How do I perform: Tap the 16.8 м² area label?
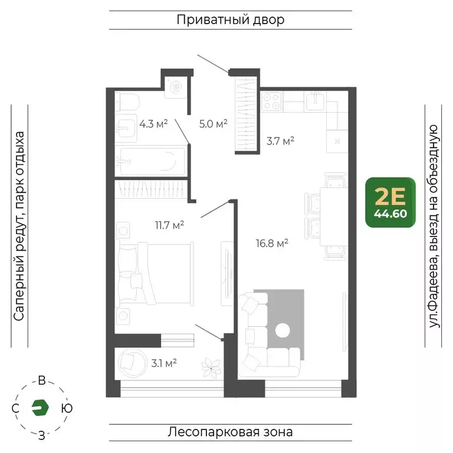(272, 242)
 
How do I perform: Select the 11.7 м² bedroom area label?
(169, 224)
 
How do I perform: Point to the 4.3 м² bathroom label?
(153, 124)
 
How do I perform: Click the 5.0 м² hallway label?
(213, 124)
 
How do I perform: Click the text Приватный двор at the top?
(230, 20)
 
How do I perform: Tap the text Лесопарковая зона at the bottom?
(230, 432)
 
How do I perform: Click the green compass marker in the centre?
(41, 408)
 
